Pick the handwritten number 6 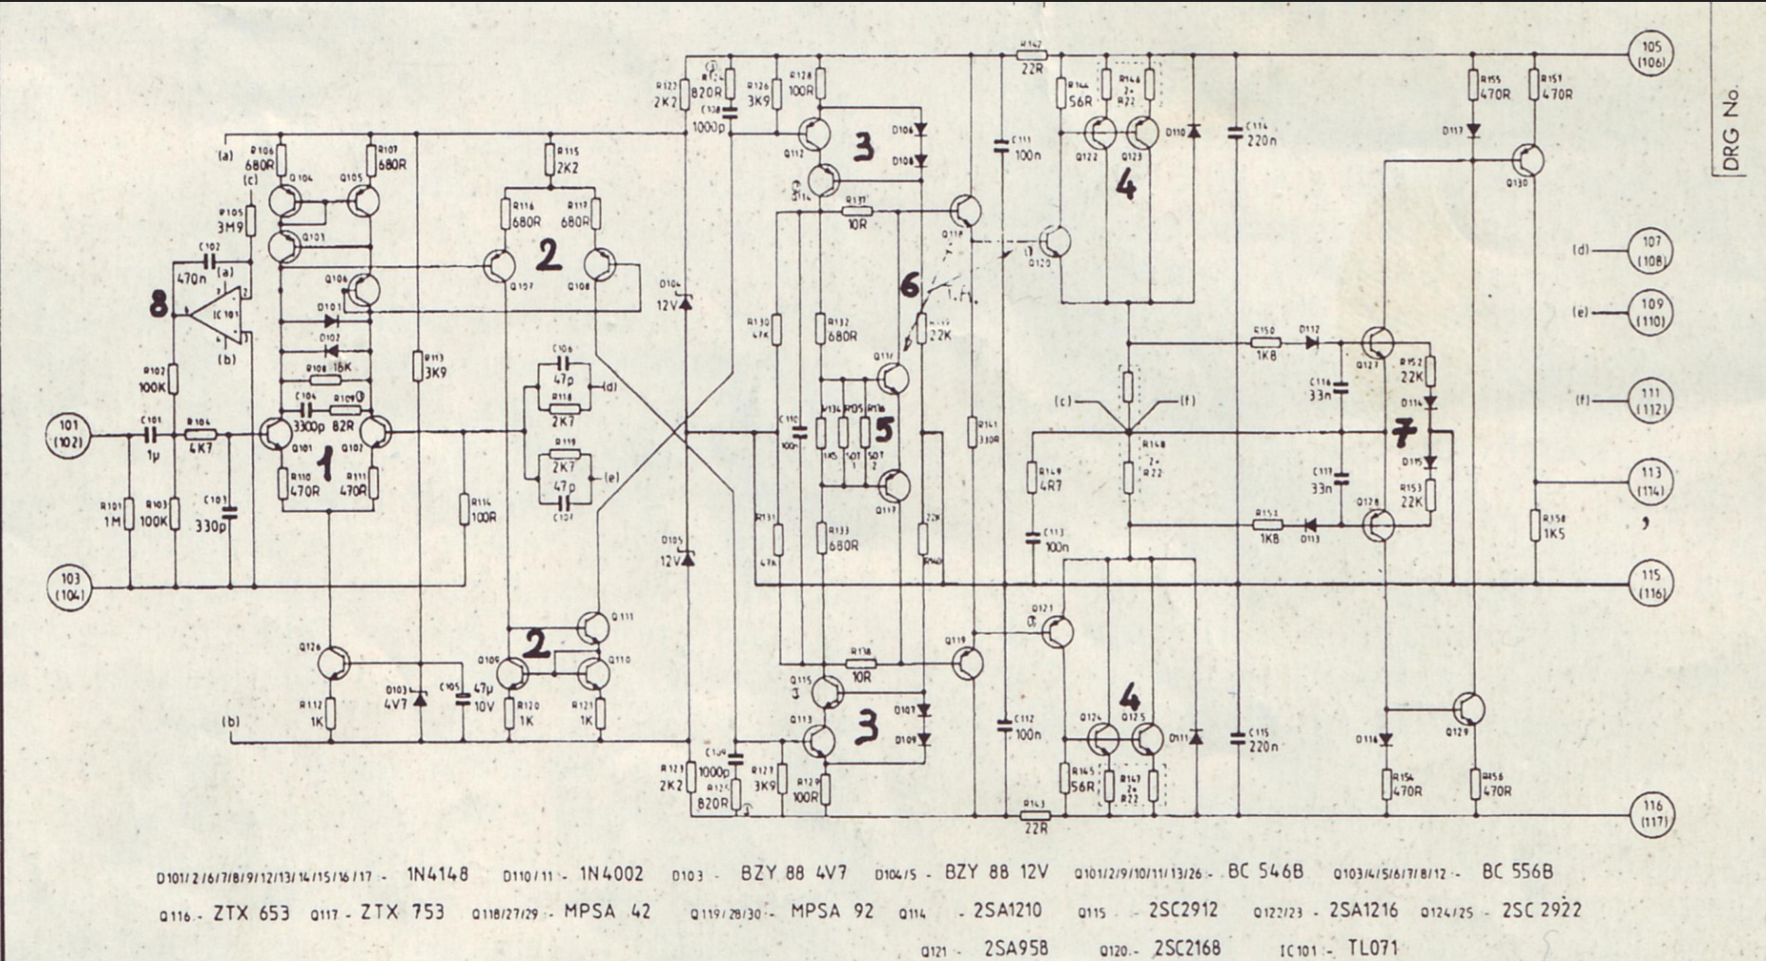coord(908,283)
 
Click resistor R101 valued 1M coord(130,513)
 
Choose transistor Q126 coord(333,663)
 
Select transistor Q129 coord(1468,709)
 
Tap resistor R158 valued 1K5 coord(1535,525)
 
